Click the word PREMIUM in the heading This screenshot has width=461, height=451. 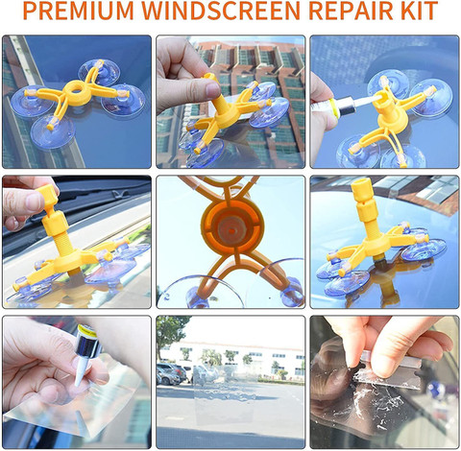(x=78, y=11)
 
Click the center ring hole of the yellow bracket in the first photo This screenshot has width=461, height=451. (x=76, y=89)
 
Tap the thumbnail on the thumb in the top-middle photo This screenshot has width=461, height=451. (x=213, y=89)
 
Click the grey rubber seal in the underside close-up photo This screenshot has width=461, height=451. (x=231, y=227)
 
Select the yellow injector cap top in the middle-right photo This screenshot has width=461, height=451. (x=363, y=188)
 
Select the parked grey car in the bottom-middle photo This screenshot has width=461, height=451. (x=168, y=374)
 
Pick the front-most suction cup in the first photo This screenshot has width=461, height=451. (x=53, y=131)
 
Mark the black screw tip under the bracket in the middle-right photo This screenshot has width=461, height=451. (x=381, y=263)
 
